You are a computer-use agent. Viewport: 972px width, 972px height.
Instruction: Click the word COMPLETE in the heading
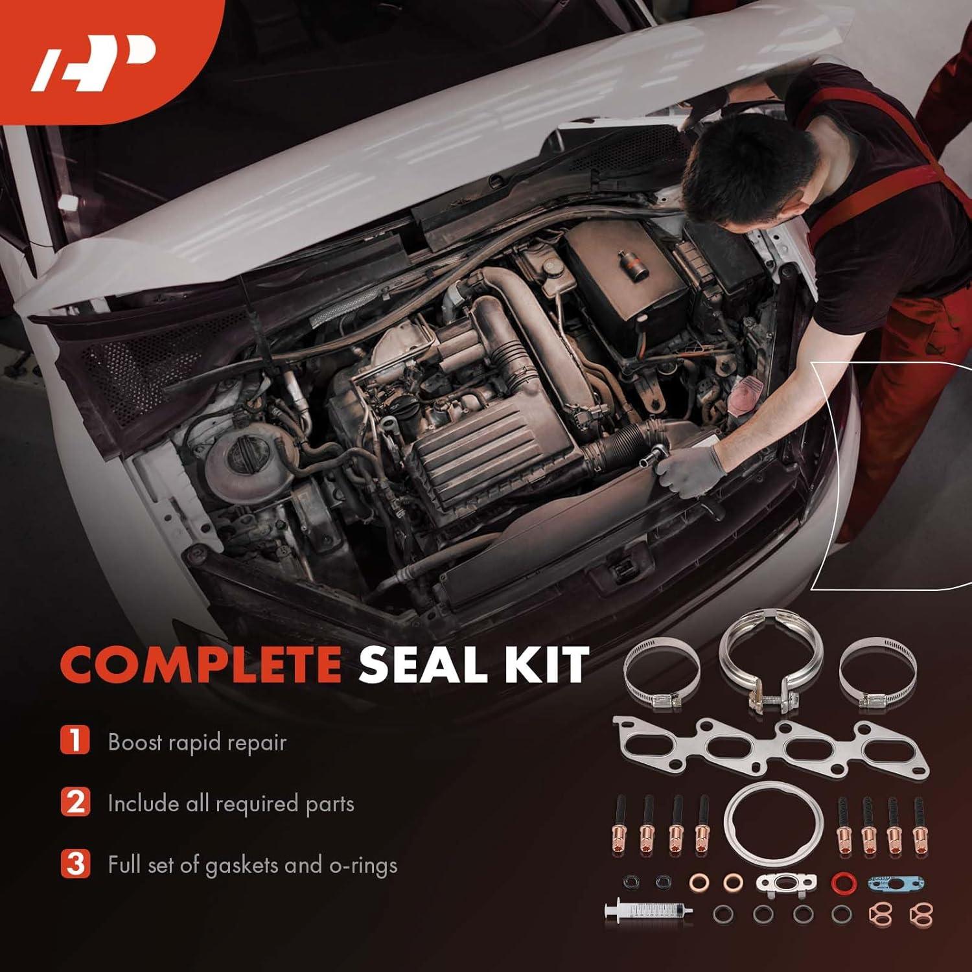pos(201,664)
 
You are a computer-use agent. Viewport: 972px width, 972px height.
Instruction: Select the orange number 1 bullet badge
pos(75,741)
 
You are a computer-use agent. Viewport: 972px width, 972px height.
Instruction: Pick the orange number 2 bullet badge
pos(75,802)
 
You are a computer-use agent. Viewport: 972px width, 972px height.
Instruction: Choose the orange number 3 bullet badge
pos(75,864)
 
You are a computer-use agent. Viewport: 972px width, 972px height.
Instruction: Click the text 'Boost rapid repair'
pos(197,742)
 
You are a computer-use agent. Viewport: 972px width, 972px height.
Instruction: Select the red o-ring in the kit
pos(842,881)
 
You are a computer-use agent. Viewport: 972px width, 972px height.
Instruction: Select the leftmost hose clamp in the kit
pos(661,671)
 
